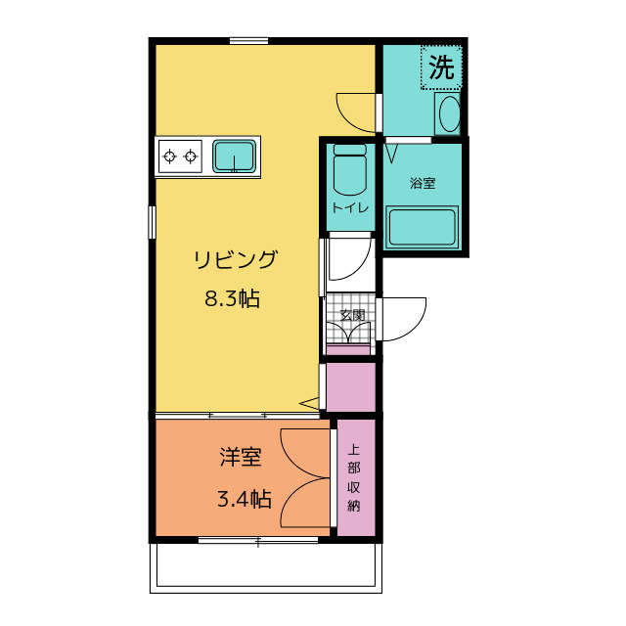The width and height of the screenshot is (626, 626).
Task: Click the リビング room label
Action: [x=235, y=260]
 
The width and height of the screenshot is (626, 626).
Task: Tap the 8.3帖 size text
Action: [x=232, y=299]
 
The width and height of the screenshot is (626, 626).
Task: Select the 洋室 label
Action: [x=240, y=457]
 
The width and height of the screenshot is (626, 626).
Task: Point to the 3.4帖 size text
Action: [x=244, y=499]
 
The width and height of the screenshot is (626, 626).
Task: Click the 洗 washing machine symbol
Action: [x=442, y=67]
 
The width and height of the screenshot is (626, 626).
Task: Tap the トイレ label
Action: [x=349, y=208]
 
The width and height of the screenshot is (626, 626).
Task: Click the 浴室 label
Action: [x=423, y=183]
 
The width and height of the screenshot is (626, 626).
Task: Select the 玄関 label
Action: [x=352, y=315]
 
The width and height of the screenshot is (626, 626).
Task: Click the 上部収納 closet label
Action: [x=353, y=478]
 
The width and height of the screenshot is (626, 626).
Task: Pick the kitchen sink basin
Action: [x=235, y=156]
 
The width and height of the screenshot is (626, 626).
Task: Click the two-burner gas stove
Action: [x=180, y=156]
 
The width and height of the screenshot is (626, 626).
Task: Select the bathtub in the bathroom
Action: [x=423, y=228]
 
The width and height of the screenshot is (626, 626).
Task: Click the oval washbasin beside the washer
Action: [x=449, y=115]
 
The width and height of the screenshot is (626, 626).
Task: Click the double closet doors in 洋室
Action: [x=305, y=479]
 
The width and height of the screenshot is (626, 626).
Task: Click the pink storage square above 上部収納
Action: [x=350, y=387]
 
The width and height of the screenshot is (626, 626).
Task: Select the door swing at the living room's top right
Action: [x=357, y=111]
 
